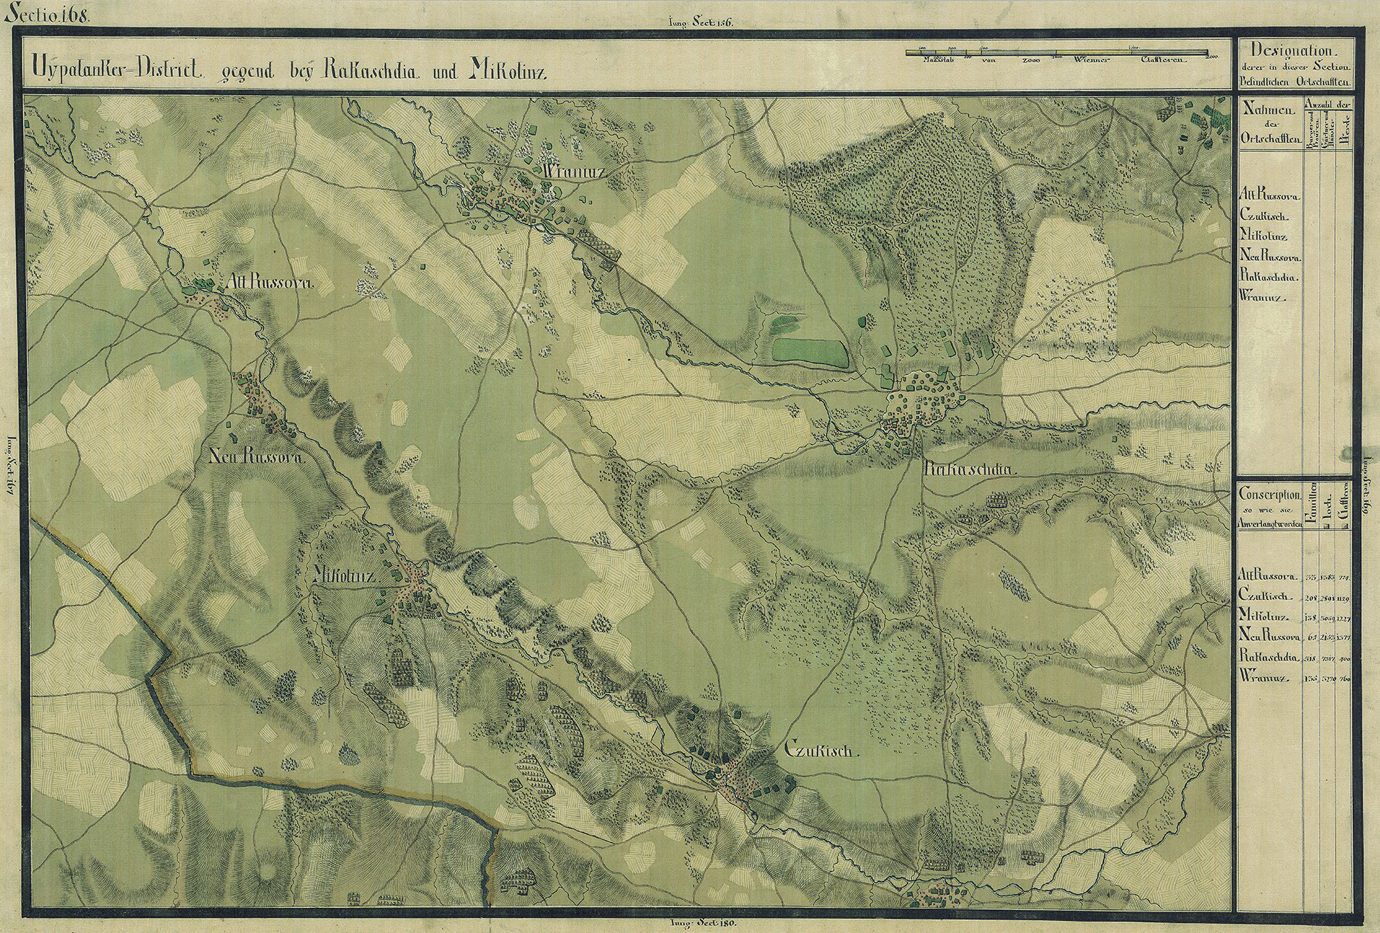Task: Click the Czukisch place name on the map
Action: [x=821, y=750]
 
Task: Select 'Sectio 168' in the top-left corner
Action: [x=46, y=15]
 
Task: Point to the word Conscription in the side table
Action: [x=1270, y=494]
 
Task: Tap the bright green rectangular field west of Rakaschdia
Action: [x=809, y=352]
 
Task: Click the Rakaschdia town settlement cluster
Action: [x=922, y=400]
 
